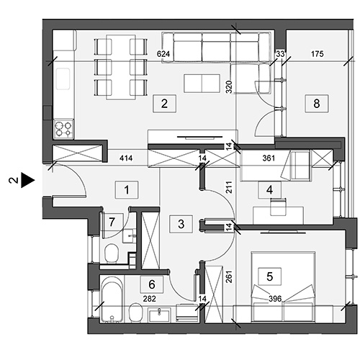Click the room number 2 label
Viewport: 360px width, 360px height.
164,104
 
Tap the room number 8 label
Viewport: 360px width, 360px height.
317,104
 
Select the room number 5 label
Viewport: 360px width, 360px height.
269,276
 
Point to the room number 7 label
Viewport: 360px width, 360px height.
112,222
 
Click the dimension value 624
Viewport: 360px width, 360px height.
163,54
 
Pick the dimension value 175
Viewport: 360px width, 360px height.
317,54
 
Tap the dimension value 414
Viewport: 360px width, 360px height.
126,158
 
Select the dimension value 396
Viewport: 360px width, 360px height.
275,299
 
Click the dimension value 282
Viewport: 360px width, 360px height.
149,299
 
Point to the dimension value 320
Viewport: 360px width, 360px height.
229,87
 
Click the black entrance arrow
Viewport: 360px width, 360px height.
28,180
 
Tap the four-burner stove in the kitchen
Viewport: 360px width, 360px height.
64,129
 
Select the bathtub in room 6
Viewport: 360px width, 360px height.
112,299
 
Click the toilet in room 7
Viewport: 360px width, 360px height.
112,253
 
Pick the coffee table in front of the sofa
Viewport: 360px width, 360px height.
202,84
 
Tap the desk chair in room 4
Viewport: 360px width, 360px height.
279,207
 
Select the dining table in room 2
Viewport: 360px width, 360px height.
121,67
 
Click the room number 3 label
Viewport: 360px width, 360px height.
181,224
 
